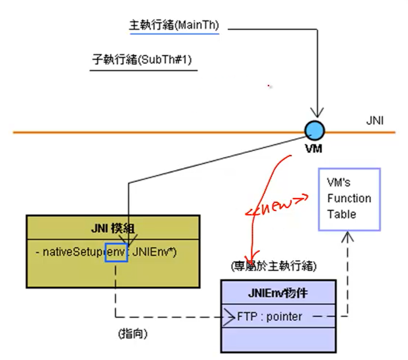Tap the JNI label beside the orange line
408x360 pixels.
coord(374,121)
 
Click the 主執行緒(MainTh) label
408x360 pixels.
coord(174,26)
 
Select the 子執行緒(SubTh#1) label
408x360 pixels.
coord(142,60)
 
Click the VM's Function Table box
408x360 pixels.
coord(349,199)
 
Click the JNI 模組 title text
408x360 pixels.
coord(113,229)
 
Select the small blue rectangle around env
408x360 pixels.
coord(117,252)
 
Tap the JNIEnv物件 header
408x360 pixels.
coord(278,293)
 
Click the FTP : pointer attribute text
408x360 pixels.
coord(270,316)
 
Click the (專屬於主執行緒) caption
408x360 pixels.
coord(273,267)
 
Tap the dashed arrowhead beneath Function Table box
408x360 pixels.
coord(347,237)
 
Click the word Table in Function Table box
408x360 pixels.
coord(342,214)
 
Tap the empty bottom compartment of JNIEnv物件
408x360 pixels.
coord(278,339)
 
